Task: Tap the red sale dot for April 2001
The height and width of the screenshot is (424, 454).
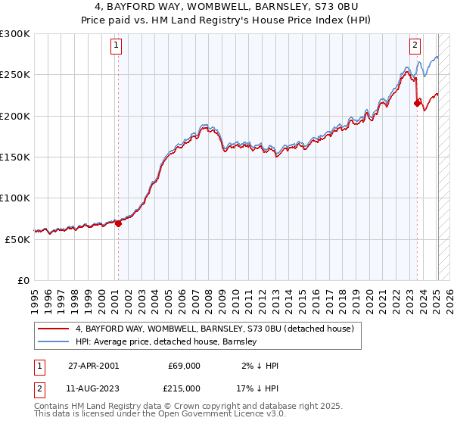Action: tap(118, 223)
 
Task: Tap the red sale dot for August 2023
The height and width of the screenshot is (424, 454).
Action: tap(417, 104)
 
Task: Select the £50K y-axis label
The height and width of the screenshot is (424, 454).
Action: tap(17, 239)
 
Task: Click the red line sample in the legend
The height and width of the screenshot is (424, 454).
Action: tap(54, 329)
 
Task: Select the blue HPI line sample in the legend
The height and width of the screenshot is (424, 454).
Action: tap(54, 342)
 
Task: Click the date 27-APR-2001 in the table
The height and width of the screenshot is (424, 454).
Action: tap(93, 366)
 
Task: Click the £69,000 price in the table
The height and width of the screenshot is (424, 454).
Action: tap(184, 366)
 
